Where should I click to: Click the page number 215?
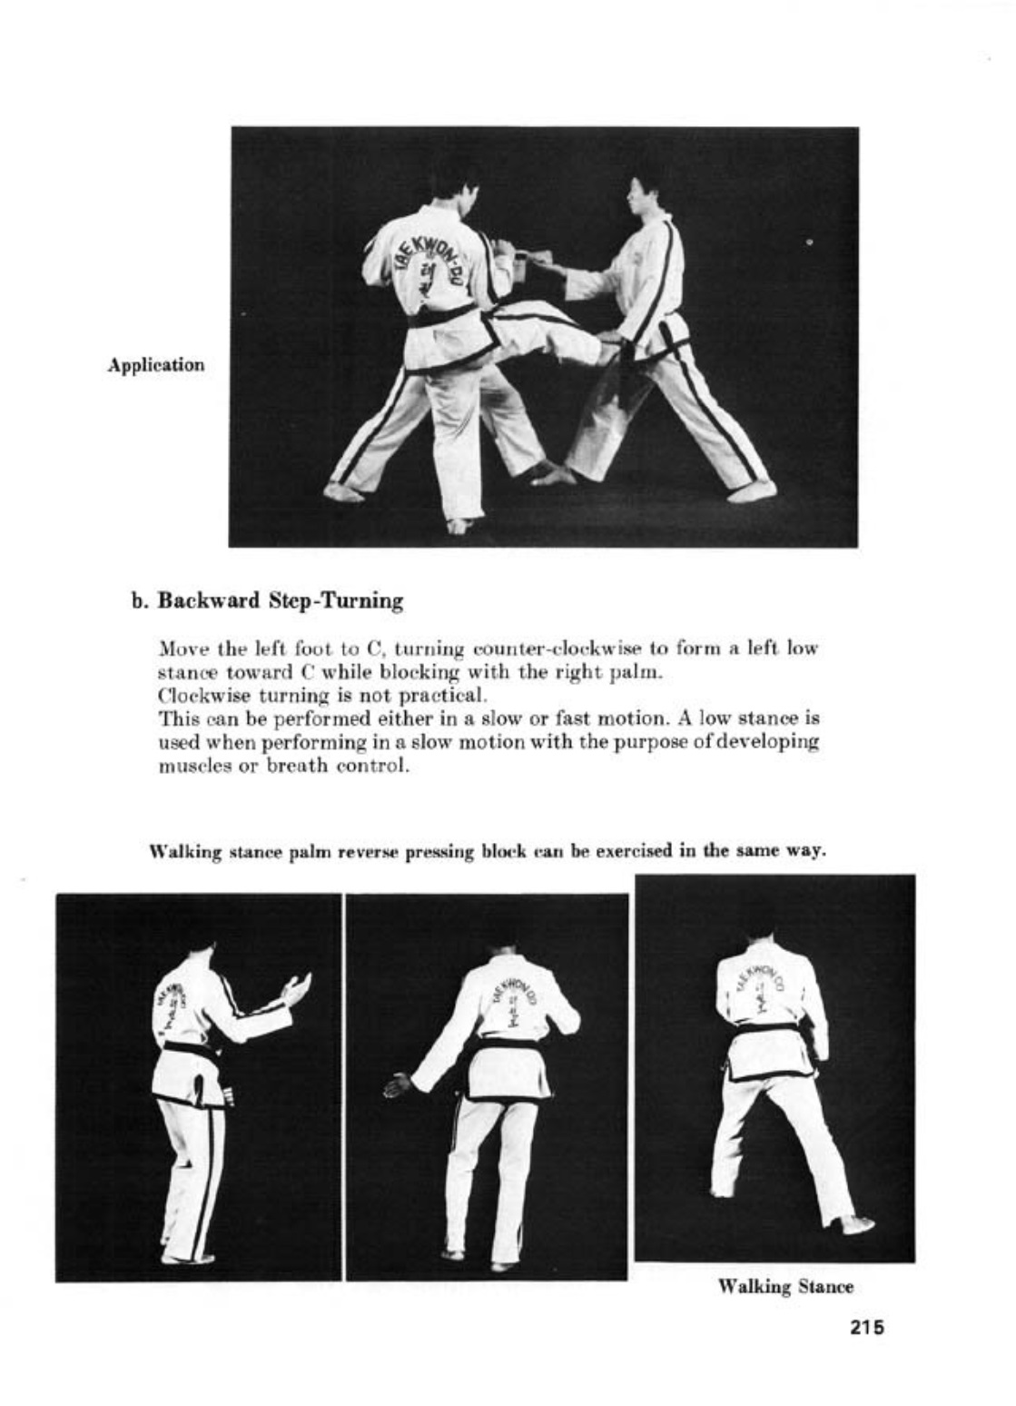click(x=867, y=1326)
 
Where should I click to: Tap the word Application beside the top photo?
click(x=155, y=366)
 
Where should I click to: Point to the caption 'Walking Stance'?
click(x=785, y=1287)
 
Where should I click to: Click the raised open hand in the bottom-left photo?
click(x=297, y=987)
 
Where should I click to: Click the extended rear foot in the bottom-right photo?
click(x=856, y=1225)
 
